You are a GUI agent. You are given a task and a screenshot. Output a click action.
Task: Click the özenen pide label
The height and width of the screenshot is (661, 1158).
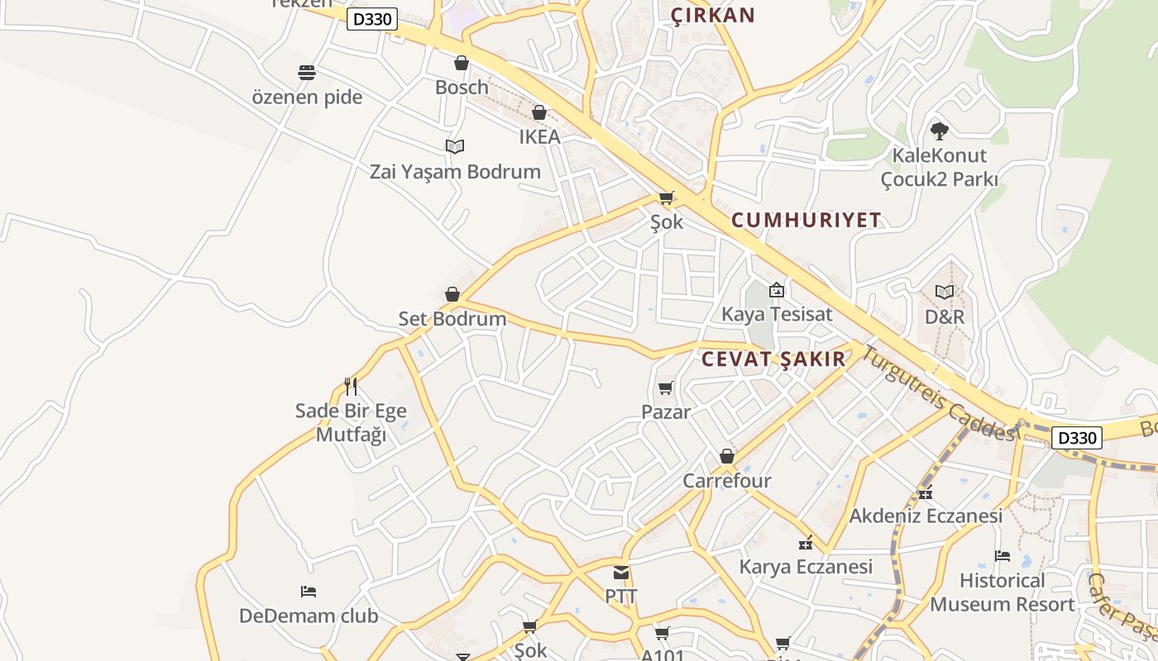(x=307, y=97)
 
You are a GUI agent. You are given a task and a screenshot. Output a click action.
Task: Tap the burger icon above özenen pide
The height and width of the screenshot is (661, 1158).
(x=307, y=73)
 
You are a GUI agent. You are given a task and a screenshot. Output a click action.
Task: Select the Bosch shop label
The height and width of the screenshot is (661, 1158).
(x=462, y=87)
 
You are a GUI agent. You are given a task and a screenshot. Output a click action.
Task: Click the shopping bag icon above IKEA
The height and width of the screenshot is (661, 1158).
(x=539, y=112)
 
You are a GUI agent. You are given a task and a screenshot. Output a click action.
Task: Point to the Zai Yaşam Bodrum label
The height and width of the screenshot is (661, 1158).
(x=455, y=172)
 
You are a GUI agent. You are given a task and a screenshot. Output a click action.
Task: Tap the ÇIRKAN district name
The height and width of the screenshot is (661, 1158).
(x=713, y=15)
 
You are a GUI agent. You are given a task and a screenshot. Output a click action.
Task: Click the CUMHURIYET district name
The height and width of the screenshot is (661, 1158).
(x=806, y=220)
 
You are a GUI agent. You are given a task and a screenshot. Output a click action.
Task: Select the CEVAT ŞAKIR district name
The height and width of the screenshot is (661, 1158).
(x=773, y=359)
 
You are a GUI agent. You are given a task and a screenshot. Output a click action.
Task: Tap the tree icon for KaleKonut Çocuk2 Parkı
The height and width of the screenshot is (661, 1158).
(x=939, y=131)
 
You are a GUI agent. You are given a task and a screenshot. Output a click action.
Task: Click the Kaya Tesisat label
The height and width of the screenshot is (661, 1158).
(x=777, y=315)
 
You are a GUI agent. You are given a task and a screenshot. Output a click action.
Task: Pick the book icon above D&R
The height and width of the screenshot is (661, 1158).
(x=945, y=292)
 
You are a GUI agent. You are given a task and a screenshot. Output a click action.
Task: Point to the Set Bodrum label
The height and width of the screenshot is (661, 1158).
(x=452, y=319)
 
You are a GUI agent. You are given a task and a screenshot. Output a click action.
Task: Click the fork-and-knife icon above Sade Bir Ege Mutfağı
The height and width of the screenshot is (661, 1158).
(x=351, y=386)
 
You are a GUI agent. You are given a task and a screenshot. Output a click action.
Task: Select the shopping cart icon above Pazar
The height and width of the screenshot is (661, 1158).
(x=666, y=388)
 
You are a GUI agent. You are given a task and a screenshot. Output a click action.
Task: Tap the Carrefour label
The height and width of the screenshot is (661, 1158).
(x=726, y=481)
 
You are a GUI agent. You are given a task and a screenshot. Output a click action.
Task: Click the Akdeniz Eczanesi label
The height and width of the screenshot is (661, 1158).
(x=926, y=516)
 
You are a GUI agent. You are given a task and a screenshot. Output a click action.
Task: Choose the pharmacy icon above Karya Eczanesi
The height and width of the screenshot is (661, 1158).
(x=806, y=543)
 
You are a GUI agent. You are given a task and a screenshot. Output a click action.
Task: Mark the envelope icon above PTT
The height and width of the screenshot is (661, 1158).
(x=621, y=573)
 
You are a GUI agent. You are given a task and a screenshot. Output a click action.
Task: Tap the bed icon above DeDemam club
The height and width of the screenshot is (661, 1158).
(x=309, y=592)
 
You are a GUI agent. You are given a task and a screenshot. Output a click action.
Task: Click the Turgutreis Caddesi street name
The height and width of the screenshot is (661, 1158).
(x=938, y=392)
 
